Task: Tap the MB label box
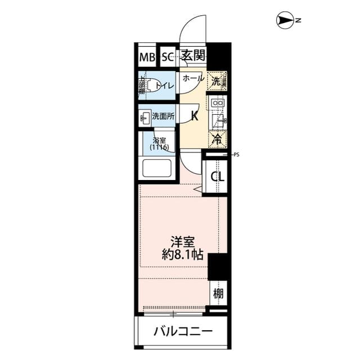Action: [x=147, y=57]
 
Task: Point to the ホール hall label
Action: [x=193, y=79]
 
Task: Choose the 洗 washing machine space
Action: [x=217, y=80]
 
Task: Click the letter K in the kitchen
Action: [x=195, y=116]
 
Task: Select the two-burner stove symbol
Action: [x=218, y=103]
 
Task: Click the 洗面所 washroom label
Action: [x=163, y=117]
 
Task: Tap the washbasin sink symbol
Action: [x=145, y=117]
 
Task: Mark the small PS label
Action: [x=236, y=153]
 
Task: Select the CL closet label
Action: [x=217, y=177]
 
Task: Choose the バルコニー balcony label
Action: [x=183, y=332]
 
